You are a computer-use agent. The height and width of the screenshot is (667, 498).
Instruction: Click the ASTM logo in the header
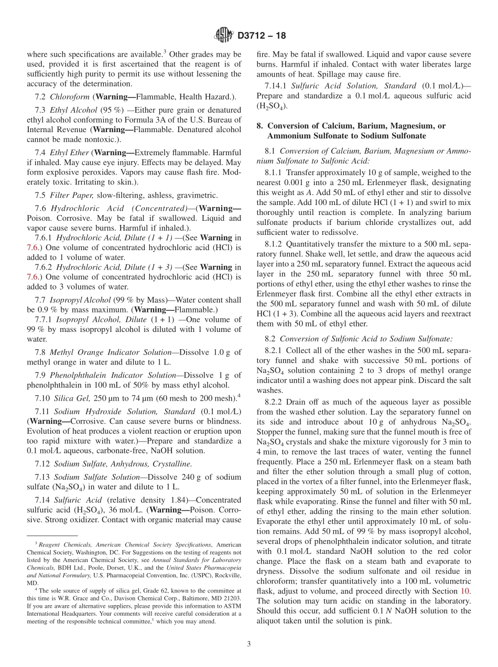click(x=224, y=36)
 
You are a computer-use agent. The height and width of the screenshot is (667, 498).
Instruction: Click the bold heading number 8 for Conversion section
click(x=259, y=126)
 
